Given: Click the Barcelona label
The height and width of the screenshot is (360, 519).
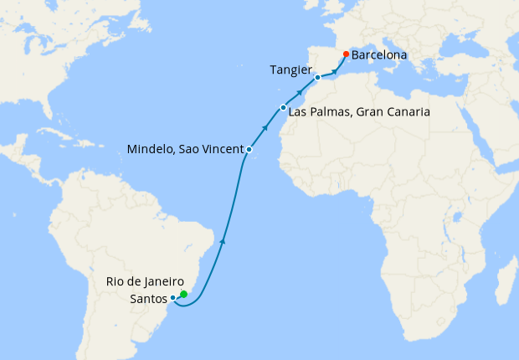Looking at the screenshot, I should pyautogui.click(x=379, y=55).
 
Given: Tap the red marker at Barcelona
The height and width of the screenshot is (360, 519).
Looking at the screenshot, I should pyautogui.click(x=346, y=55).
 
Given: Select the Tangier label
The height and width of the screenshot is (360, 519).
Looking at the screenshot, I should pyautogui.click(x=291, y=69).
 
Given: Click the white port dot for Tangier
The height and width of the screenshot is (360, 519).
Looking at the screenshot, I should pyautogui.click(x=318, y=77).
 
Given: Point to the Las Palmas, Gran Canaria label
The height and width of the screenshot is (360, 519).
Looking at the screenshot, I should pyautogui.click(x=359, y=111).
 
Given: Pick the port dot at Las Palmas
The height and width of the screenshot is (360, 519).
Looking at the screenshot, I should pyautogui.click(x=284, y=108).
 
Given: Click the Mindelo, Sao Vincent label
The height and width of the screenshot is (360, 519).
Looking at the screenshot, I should pyautogui.click(x=185, y=149).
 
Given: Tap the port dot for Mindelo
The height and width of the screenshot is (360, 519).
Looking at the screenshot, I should pyautogui.click(x=249, y=149).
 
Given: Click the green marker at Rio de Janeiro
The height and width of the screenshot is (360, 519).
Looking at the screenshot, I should pyautogui.click(x=183, y=294).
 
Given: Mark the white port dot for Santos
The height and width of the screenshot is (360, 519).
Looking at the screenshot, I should pyautogui.click(x=172, y=297).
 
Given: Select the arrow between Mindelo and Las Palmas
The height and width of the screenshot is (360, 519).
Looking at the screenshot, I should pyautogui.click(x=265, y=128).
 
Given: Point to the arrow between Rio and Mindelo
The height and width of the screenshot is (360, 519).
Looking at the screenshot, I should pyautogui.click(x=222, y=241).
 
